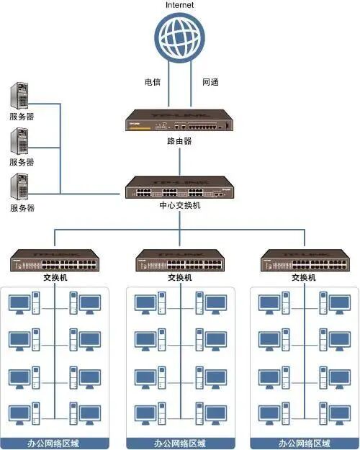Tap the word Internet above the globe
179,5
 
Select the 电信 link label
153,82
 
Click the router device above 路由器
179,121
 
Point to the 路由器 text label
179,141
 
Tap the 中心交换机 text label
179,205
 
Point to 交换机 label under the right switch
304,277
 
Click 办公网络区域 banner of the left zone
55,443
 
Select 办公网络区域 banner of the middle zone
179,443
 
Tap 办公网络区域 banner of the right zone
304,443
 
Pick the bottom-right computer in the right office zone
338,414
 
